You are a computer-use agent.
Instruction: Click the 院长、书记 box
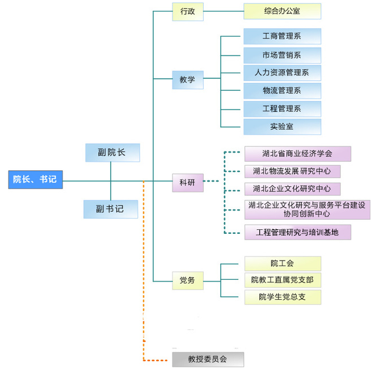pyautogui.click(x=35, y=179)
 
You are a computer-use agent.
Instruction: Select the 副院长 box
pyautogui.click(x=112, y=152)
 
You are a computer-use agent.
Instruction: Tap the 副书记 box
pyautogui.click(x=111, y=209)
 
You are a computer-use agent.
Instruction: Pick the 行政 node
pyautogui.click(x=187, y=11)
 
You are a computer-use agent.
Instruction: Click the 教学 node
pyautogui.click(x=187, y=80)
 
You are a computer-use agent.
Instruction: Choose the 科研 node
pyautogui.click(x=187, y=183)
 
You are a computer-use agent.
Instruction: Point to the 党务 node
pyautogui.click(x=187, y=280)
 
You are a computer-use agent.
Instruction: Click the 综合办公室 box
pyautogui.click(x=282, y=11)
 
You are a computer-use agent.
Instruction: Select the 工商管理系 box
pyautogui.click(x=282, y=36)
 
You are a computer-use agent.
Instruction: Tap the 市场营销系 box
pyautogui.click(x=282, y=55)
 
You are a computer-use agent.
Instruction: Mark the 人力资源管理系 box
pyautogui.click(x=282, y=73)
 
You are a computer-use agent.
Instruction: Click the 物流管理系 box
pyautogui.click(x=282, y=91)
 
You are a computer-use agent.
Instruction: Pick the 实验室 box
pyautogui.click(x=282, y=127)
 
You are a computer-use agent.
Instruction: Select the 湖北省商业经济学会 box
pyautogui.click(x=297, y=154)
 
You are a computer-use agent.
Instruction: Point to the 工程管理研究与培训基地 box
pyautogui.click(x=297, y=232)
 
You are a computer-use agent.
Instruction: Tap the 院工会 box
pyautogui.click(x=282, y=263)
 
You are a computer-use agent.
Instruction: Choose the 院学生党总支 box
pyautogui.click(x=282, y=297)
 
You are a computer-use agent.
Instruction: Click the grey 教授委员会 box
pyautogui.click(x=208, y=359)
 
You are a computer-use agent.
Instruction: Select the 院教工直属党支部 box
pyautogui.click(x=282, y=280)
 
